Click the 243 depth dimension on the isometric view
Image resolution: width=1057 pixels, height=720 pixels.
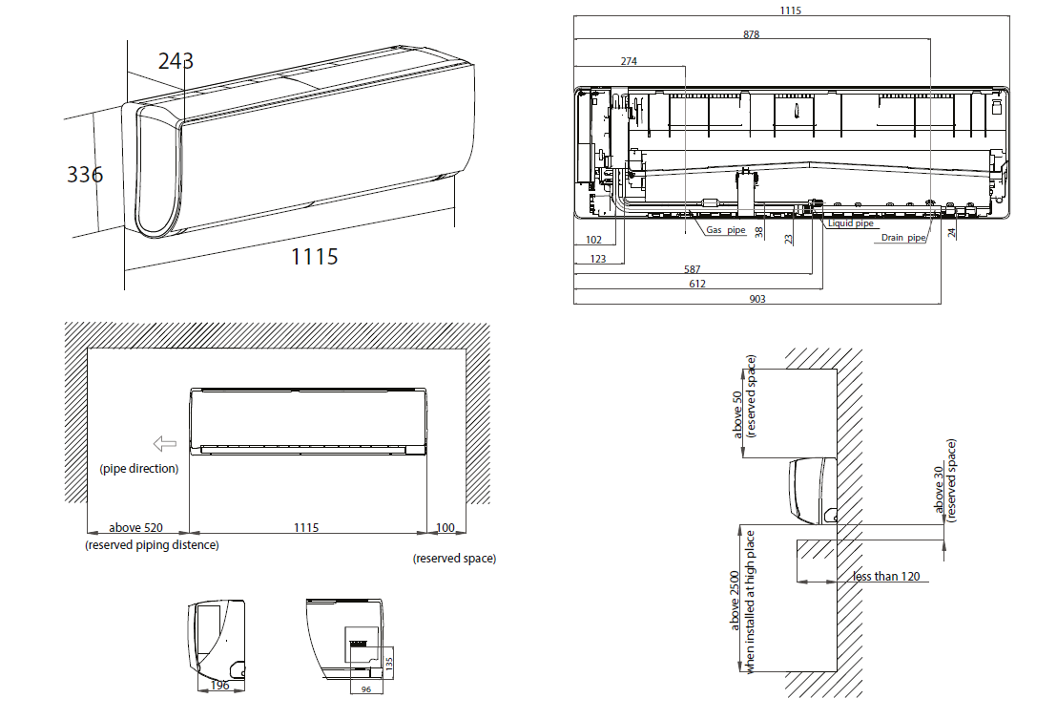[x=176, y=61]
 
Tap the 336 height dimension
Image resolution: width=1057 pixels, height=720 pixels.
[x=85, y=175]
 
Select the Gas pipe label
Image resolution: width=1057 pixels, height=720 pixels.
[x=726, y=230]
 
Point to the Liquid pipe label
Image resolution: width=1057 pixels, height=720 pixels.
[x=851, y=223]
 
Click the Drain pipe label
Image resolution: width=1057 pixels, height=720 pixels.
[x=903, y=238]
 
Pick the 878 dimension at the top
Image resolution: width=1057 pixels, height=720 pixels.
[x=751, y=34]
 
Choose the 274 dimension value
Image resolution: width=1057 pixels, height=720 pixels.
[x=629, y=61]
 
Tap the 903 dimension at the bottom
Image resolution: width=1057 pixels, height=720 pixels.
[x=757, y=299]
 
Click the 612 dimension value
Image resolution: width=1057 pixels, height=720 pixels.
[x=697, y=285]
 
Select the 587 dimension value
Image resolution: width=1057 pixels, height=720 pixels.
[x=693, y=269]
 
